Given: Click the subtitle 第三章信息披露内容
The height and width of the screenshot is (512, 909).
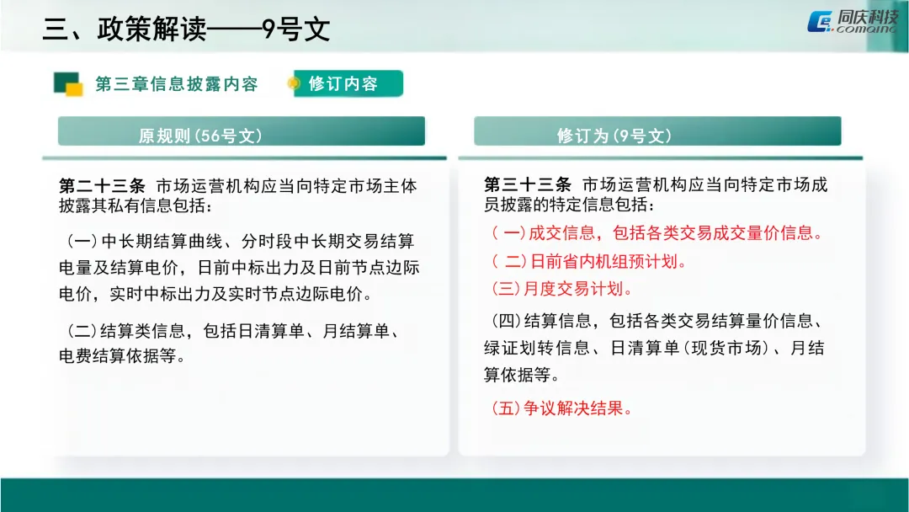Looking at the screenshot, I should [176, 84].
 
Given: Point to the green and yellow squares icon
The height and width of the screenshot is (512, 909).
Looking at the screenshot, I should [67, 83].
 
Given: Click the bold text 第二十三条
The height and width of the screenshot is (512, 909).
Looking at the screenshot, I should [102, 185].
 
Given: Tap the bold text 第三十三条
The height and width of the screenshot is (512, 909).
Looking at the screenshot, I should [528, 185].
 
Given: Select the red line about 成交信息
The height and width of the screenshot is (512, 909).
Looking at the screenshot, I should [656, 233].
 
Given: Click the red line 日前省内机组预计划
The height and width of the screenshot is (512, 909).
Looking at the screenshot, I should [589, 261].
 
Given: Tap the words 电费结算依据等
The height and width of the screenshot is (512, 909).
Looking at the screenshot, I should [121, 356].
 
